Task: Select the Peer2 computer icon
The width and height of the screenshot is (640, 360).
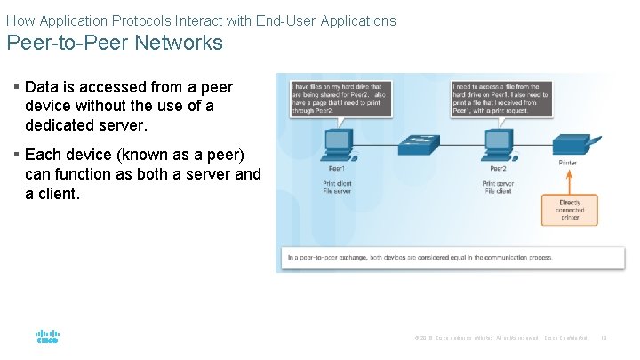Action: (x=499, y=143)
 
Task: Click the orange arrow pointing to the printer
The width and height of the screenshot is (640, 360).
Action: (x=569, y=182)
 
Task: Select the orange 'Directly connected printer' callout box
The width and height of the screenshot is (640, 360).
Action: (x=569, y=210)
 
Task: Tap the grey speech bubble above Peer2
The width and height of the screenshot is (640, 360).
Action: (x=502, y=96)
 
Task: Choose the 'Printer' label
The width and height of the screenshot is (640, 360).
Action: (x=568, y=163)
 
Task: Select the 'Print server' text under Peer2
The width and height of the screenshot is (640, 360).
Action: (x=500, y=182)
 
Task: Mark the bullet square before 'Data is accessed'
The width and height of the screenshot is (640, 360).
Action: (x=17, y=87)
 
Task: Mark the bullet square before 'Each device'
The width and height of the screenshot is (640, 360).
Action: (x=17, y=156)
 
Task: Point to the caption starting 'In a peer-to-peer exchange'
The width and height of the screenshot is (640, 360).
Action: (x=420, y=258)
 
